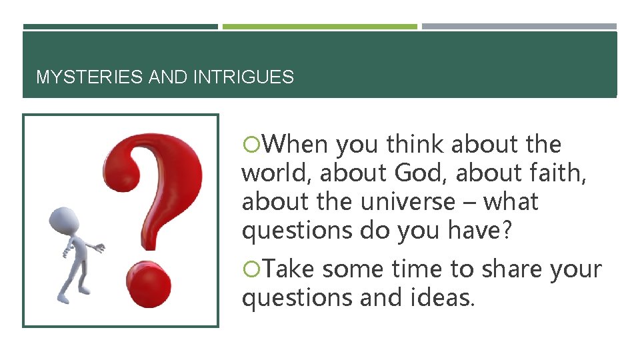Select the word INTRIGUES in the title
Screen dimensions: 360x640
(x=243, y=77)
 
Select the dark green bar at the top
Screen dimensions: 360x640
(x=120, y=27)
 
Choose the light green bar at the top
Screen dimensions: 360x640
(x=319, y=27)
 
